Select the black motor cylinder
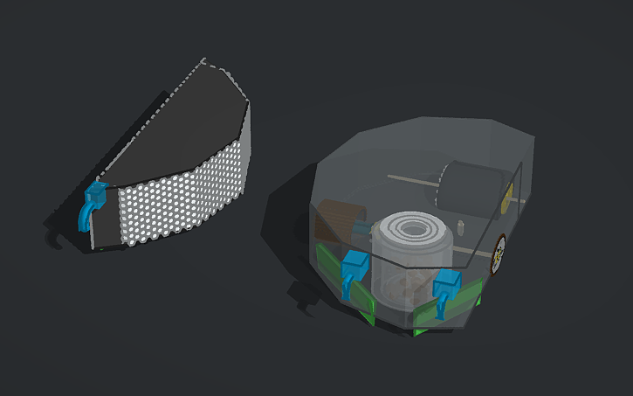click(470, 185)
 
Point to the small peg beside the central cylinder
click(458, 229)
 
